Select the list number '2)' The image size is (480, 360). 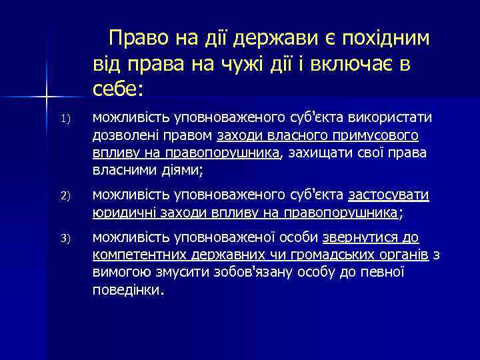tap(65, 196)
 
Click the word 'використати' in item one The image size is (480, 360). tap(394, 118)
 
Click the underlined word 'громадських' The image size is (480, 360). tap(314, 255)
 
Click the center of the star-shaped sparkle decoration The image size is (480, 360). tap(47, 99)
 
